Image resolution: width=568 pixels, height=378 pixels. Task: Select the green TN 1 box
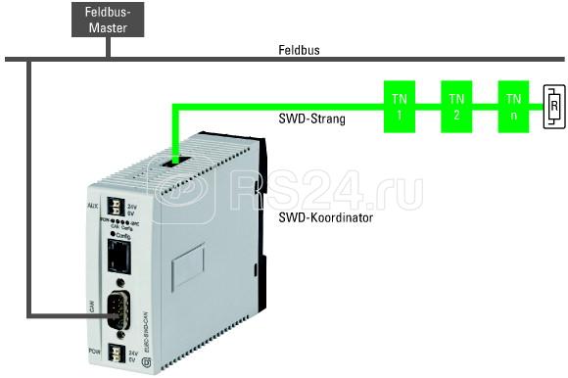click(399, 106)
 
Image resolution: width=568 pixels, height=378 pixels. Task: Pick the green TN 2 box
click(455, 106)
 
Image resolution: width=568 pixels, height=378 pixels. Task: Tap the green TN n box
click(512, 106)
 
